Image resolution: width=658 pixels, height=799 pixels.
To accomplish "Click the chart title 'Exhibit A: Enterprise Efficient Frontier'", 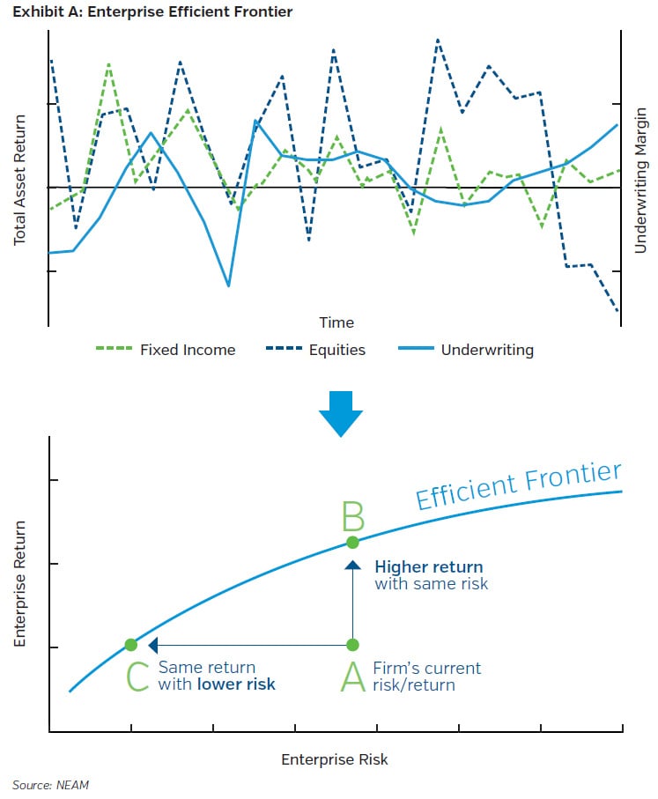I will [152, 11].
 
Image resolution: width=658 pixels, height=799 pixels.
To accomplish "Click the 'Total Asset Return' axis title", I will [19, 169].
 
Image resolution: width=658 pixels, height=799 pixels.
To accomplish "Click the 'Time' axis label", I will [336, 322].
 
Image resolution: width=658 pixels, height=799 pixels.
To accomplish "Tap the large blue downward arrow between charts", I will [340, 413].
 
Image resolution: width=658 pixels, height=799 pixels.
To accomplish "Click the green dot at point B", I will [351, 541].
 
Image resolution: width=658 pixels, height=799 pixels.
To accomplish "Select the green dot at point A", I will [351, 645].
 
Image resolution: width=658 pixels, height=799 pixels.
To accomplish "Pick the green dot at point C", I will [131, 645].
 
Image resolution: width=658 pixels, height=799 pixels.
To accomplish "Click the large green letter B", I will [351, 516].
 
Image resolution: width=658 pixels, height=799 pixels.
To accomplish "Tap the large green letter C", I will [137, 677].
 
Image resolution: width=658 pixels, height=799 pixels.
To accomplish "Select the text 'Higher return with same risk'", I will [430, 575].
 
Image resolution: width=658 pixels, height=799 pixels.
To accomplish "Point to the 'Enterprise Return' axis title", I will [20, 584].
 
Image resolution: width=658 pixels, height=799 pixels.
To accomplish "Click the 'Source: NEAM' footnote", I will [49, 784].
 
